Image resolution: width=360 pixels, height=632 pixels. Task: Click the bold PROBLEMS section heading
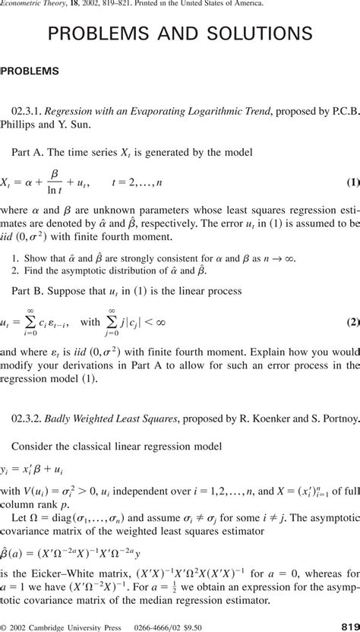pyautogui.click(x=30, y=71)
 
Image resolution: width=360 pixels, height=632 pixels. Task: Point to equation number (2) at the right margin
pyautogui.click(x=352, y=321)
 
